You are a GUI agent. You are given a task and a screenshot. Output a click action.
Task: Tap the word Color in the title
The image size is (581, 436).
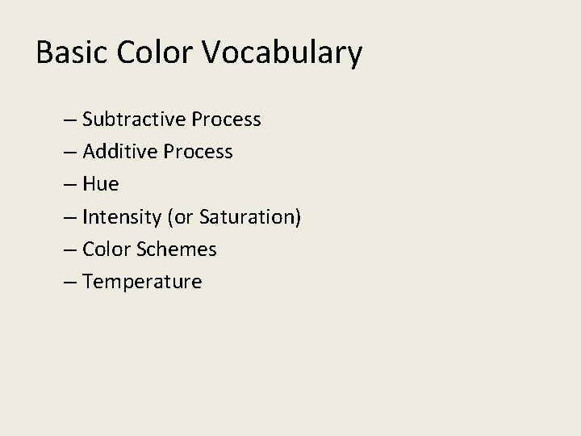pyautogui.click(x=155, y=53)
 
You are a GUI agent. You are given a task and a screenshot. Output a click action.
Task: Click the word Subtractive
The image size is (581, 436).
pyautogui.click(x=133, y=119)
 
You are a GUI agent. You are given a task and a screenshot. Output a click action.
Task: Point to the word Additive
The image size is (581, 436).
pyautogui.click(x=117, y=152)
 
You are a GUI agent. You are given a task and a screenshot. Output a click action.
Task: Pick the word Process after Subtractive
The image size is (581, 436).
pyautogui.click(x=226, y=119)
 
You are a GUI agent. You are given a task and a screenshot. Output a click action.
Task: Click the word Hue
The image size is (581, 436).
pyautogui.click(x=100, y=184)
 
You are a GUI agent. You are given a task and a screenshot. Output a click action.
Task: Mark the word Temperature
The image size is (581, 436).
pyautogui.click(x=142, y=282)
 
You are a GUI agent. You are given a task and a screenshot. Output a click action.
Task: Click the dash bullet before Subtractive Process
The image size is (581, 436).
pyautogui.click(x=69, y=120)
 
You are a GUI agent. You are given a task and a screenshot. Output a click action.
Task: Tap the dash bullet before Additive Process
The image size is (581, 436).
pyautogui.click(x=69, y=153)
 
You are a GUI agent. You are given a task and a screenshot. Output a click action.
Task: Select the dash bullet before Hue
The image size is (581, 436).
pyautogui.click(x=69, y=185)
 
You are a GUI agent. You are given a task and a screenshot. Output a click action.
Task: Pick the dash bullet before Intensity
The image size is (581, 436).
pyautogui.click(x=69, y=217)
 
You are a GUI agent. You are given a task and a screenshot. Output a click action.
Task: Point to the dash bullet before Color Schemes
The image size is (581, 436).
pyautogui.click(x=69, y=249)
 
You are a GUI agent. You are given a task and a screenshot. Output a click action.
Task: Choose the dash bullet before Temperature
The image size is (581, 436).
pyautogui.click(x=69, y=282)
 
